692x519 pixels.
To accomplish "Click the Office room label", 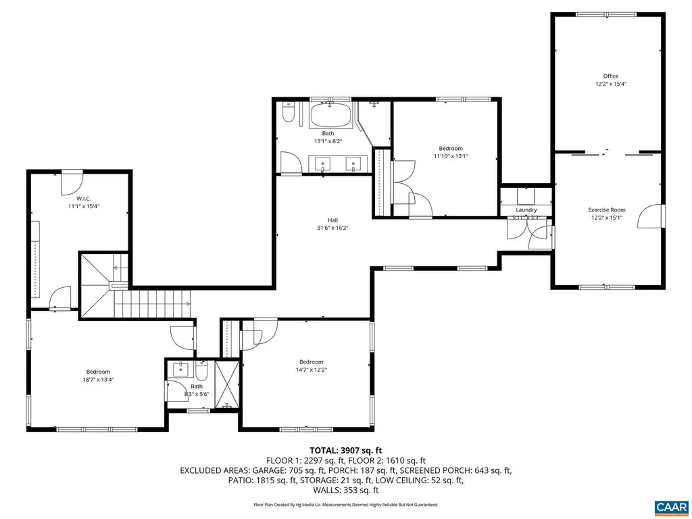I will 610,76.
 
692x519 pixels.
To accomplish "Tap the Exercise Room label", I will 606,210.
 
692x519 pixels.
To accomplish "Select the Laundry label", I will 526,210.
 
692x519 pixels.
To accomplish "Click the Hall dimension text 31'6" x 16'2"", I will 332,228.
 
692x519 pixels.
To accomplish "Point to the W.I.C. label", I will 84,198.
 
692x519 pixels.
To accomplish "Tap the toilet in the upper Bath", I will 288,113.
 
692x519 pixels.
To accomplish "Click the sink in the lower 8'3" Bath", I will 180,370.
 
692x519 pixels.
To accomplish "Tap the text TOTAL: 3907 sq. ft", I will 346,450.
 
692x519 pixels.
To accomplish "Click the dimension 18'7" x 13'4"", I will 98,380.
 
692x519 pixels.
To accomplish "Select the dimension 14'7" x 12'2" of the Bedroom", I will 312,370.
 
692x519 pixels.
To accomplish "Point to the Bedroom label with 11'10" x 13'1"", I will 451,148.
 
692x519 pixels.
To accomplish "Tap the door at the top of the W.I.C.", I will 72,180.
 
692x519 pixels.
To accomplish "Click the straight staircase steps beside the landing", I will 152,303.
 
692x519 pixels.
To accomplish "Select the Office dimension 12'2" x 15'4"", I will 610,84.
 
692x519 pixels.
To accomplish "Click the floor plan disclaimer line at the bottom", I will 346,505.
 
